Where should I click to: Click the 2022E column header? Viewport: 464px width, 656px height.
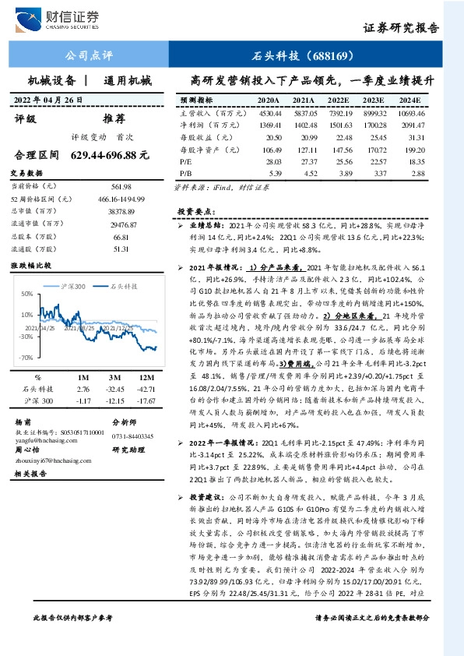point(339,101)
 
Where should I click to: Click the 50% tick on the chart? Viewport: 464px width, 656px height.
point(28,294)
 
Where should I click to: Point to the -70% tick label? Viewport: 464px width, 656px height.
point(26,357)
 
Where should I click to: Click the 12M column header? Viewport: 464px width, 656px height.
point(145,377)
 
